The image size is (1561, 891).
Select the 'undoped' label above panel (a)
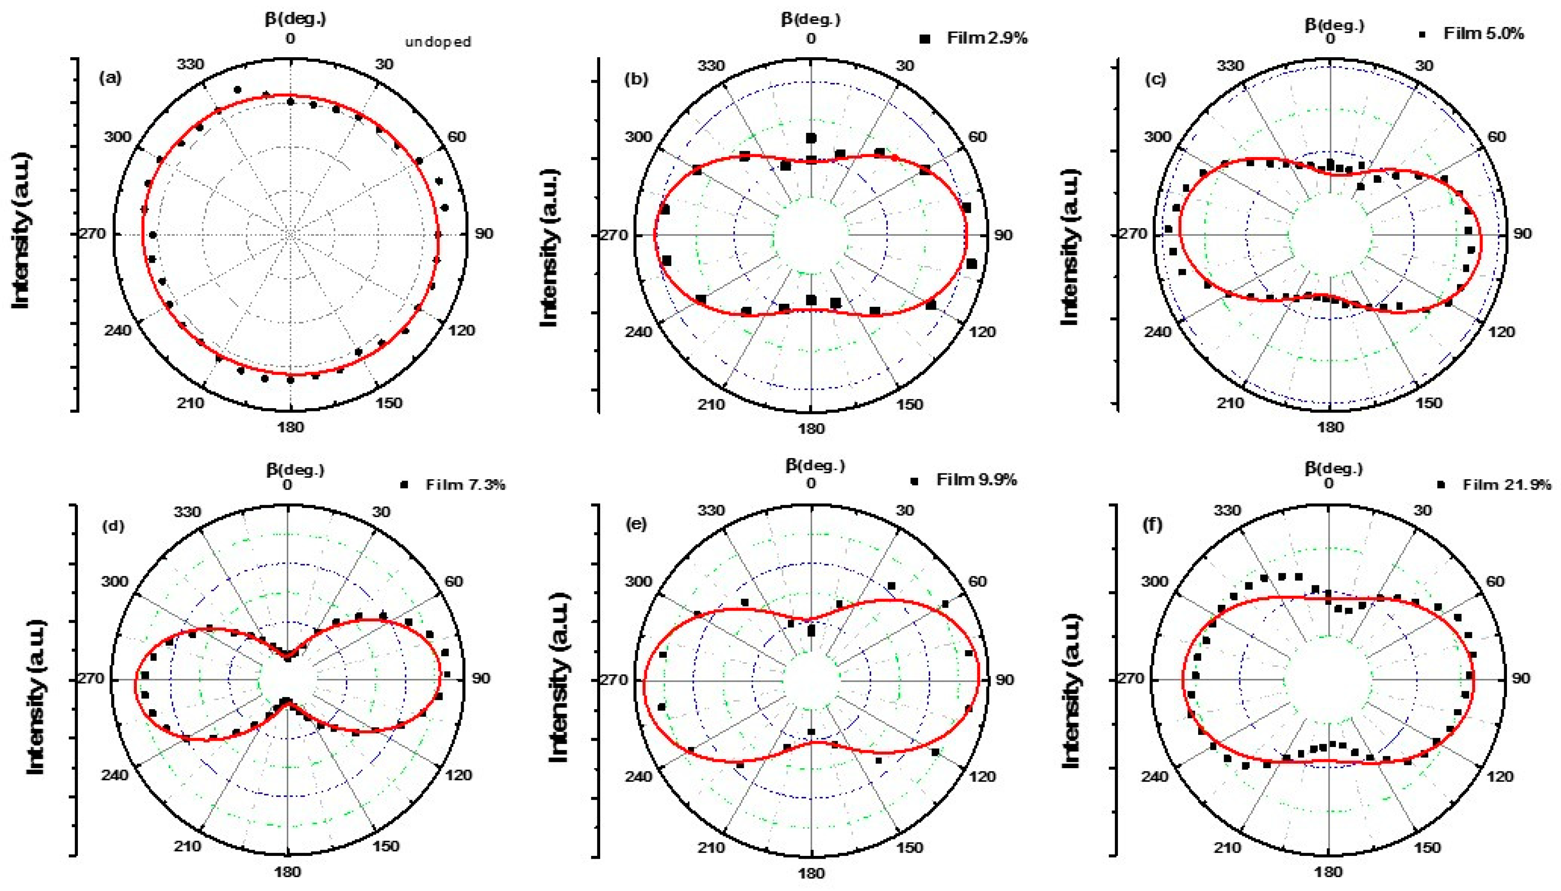pyautogui.click(x=438, y=42)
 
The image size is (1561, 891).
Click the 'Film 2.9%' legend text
pyautogui.click(x=987, y=38)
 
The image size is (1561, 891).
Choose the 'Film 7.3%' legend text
pyautogui.click(x=465, y=485)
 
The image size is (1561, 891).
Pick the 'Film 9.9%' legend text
pyautogui.click(x=977, y=480)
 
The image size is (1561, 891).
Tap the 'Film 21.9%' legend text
pyautogui.click(x=1507, y=485)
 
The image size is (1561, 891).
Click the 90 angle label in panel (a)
pyautogui.click(x=484, y=234)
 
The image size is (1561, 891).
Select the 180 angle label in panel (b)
pyautogui.click(x=811, y=428)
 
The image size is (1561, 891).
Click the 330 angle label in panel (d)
pyautogui.click(x=187, y=511)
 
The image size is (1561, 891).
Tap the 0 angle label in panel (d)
pyautogui.click(x=287, y=485)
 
